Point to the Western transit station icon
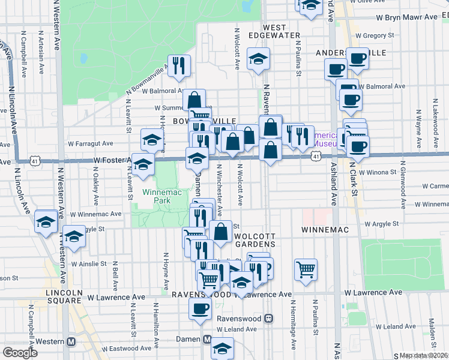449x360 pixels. click(x=71, y=341)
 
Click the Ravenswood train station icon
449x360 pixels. click(x=270, y=319)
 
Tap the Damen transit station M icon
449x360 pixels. click(x=206, y=340)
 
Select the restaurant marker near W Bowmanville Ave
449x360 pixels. click(x=178, y=66)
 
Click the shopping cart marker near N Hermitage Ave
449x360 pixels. click(x=306, y=269)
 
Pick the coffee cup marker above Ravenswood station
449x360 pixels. click(x=200, y=309)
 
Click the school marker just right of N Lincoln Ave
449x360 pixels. click(x=46, y=222)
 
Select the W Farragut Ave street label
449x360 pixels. click(x=91, y=144)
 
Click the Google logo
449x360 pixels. click(x=20, y=353)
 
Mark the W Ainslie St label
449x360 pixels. click(x=88, y=263)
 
